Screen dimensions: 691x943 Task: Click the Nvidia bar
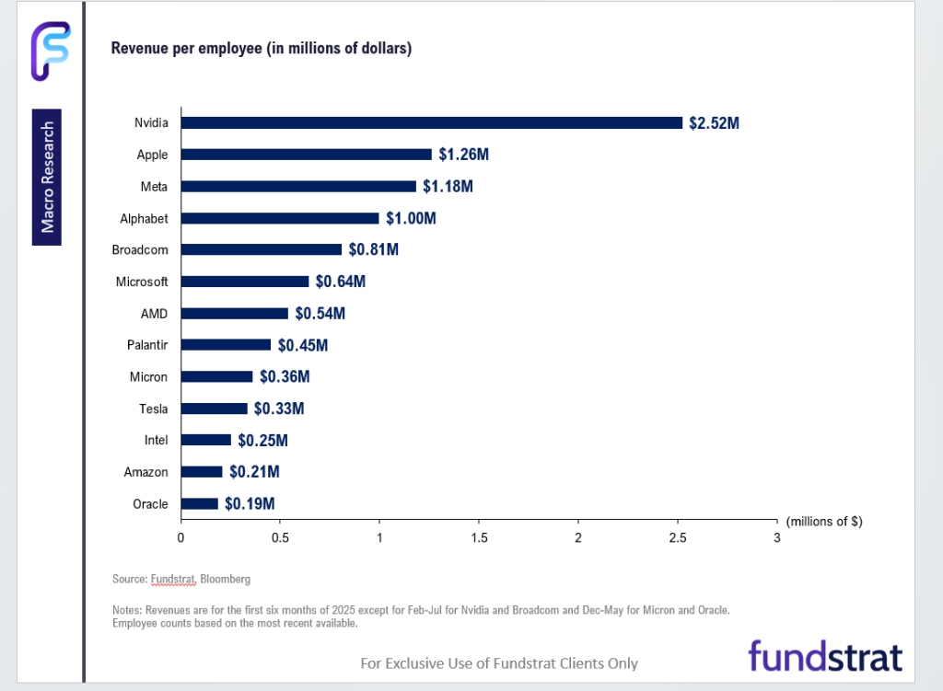click(x=431, y=122)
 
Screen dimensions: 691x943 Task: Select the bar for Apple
click(x=306, y=155)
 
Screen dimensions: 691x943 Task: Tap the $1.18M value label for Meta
click(x=448, y=187)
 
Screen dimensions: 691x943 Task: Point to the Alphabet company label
click(x=144, y=218)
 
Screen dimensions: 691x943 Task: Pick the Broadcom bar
click(x=261, y=249)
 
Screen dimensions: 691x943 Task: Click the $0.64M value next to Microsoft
click(x=340, y=282)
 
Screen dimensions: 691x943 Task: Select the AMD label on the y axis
click(x=154, y=314)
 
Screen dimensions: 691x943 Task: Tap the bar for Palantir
click(x=226, y=345)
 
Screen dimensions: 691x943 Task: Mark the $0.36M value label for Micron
click(x=285, y=376)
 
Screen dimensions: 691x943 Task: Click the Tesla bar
click(x=214, y=409)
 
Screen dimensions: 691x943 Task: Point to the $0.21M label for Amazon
click(x=254, y=472)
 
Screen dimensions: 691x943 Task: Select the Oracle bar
click(x=199, y=503)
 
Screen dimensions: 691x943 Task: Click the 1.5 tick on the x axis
click(x=479, y=538)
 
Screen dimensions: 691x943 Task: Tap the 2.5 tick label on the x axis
click(x=678, y=538)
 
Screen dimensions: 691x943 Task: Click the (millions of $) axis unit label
click(x=824, y=522)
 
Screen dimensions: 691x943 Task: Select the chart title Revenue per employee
click(x=261, y=49)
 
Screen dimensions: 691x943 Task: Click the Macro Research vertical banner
click(x=47, y=177)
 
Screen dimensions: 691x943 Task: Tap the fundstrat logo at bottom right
click(x=825, y=656)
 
